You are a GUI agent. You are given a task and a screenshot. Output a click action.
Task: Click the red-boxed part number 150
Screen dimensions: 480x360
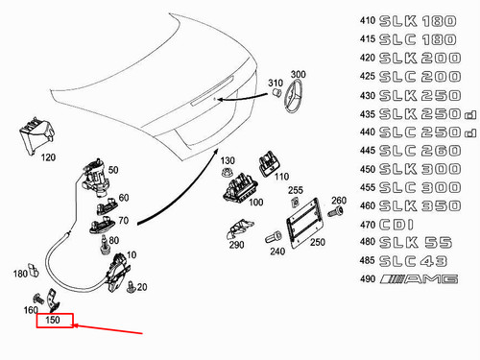tap(53, 320)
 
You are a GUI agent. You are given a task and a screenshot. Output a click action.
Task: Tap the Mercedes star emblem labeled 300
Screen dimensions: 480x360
tap(293, 96)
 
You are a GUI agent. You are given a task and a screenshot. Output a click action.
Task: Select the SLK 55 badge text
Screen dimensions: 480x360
tap(416, 243)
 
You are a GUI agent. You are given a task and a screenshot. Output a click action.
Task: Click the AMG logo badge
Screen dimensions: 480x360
tap(419, 279)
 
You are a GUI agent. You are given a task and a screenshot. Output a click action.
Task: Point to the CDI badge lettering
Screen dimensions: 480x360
tap(396, 225)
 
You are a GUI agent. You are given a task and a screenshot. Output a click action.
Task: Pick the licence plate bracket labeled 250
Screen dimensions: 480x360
tap(303, 223)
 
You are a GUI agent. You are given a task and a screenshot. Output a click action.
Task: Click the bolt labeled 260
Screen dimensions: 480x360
tap(336, 211)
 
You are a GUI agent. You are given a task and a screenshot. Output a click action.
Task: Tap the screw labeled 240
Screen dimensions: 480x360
tap(274, 237)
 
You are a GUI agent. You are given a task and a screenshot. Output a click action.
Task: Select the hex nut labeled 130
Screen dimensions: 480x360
tap(227, 172)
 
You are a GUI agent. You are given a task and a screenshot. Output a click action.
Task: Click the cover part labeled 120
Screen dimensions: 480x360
tap(36, 136)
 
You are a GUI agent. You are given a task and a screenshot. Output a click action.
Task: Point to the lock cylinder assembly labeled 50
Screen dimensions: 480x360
tap(96, 178)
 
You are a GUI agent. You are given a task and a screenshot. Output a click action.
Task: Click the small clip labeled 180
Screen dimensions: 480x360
tap(34, 271)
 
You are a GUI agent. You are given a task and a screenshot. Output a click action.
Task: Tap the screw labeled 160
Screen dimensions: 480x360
tap(38, 299)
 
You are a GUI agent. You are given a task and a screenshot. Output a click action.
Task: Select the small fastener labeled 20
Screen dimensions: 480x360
tap(132, 287)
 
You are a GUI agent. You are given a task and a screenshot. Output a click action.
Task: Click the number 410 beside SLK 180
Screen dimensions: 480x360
tap(368, 20)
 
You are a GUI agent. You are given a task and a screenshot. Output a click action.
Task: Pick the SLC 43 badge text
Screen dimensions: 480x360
tap(413, 261)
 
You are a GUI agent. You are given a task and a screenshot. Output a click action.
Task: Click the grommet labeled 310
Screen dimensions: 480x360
tap(276, 93)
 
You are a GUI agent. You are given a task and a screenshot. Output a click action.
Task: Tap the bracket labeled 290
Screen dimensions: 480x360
tap(239, 228)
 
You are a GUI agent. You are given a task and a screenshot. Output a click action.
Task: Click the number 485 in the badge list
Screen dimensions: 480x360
tap(368, 260)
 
